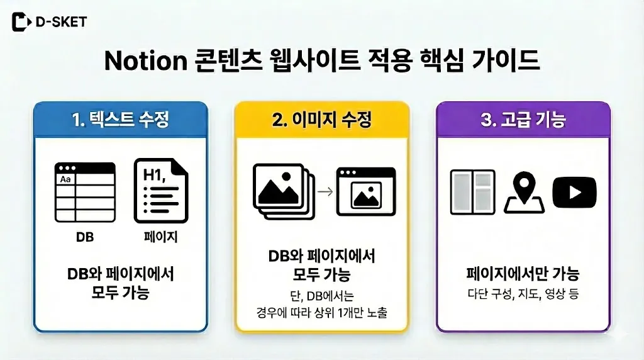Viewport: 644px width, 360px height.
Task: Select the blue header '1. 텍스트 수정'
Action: (x=121, y=120)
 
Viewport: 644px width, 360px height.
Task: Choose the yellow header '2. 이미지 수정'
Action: (x=322, y=120)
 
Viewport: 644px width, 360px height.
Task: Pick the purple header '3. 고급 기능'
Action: (x=523, y=120)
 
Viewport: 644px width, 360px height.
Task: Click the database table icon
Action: (x=85, y=192)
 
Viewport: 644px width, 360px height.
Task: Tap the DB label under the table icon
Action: (x=85, y=237)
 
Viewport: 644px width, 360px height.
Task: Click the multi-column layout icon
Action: (x=472, y=192)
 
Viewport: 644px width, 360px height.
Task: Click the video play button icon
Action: (x=574, y=192)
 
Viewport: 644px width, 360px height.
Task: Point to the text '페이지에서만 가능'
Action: (x=523, y=274)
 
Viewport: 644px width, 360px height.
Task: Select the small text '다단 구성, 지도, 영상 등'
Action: (x=523, y=293)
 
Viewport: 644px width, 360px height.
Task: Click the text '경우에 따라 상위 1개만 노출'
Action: (x=322, y=312)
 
